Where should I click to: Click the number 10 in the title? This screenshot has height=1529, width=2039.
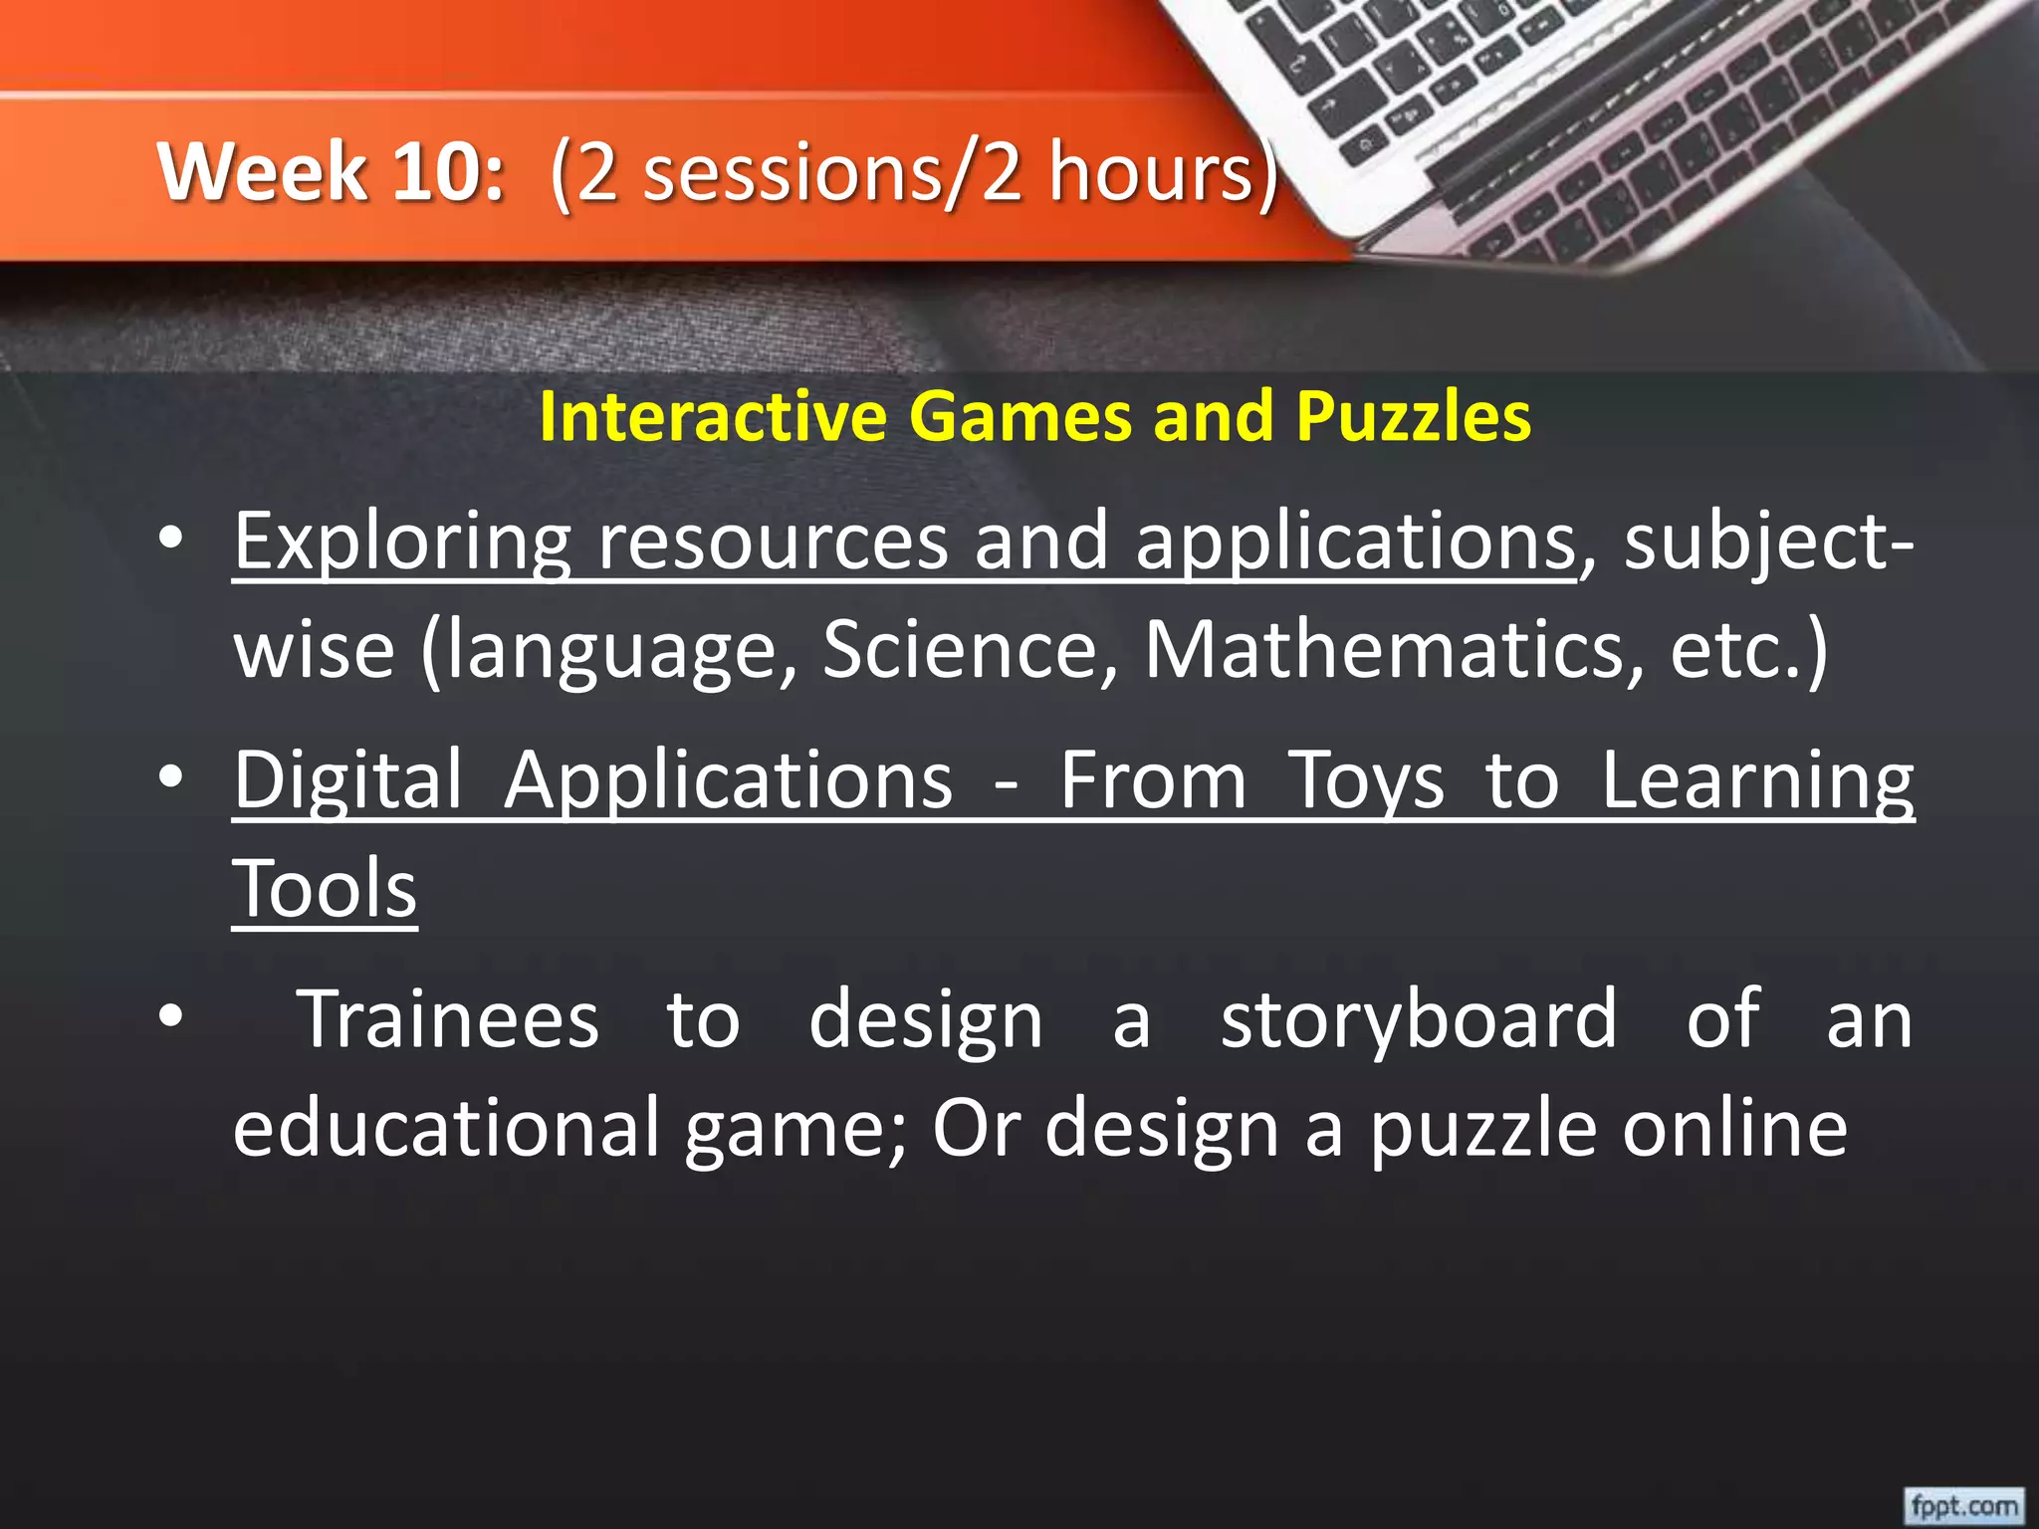pos(447,171)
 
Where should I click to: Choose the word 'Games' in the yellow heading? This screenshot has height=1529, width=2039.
pos(1019,416)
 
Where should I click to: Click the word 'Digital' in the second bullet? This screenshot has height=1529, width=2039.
pos(348,780)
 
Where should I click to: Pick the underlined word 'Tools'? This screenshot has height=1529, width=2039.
pos(325,889)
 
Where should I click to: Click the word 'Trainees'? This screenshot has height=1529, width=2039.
pos(449,1019)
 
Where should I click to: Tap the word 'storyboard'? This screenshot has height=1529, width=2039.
pos(1419,1021)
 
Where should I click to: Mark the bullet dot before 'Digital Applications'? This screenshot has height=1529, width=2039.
pos(170,778)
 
